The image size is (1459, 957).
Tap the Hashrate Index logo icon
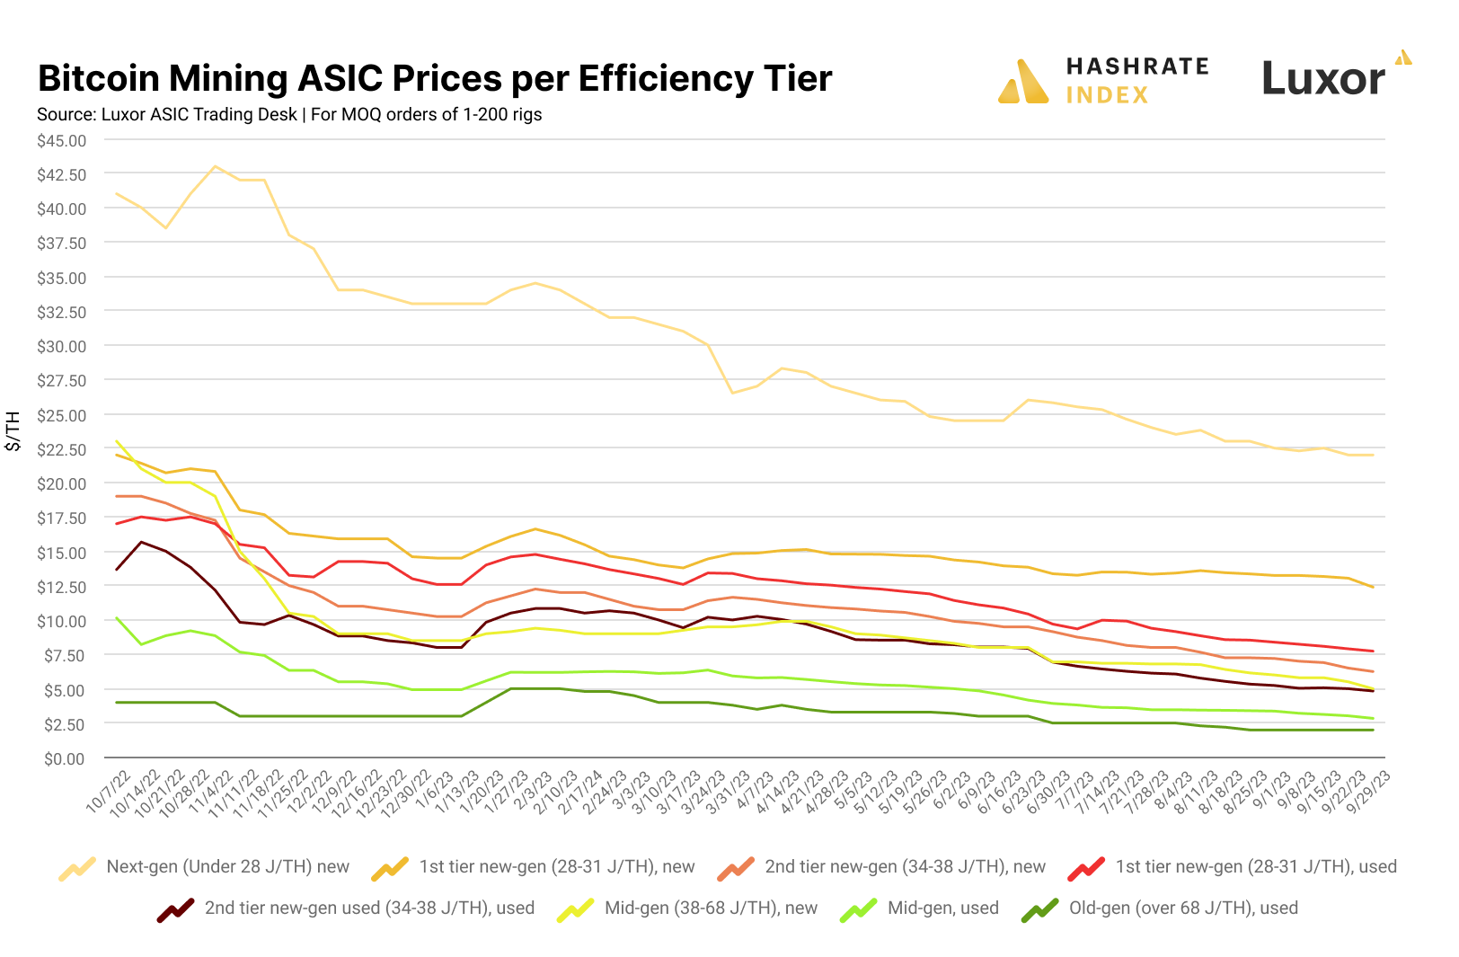point(1022,82)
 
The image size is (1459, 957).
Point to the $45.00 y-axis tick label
point(61,141)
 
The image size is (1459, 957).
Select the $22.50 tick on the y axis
point(61,449)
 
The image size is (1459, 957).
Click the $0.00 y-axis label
point(65,759)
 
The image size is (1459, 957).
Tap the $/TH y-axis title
point(13,430)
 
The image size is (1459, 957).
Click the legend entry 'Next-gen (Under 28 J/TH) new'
point(227,867)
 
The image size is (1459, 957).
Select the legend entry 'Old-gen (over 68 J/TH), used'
point(1182,908)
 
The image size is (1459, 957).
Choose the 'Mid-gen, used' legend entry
point(942,908)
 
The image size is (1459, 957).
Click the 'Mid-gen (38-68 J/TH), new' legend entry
point(711,908)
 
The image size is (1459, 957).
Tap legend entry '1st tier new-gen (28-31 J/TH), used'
point(1255,867)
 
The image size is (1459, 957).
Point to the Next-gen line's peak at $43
point(215,166)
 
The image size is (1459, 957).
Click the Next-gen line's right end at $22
point(1373,456)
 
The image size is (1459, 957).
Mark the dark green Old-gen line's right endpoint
point(1373,731)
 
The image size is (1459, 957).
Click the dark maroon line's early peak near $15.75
point(141,542)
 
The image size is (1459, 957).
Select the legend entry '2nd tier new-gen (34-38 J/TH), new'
point(905,867)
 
